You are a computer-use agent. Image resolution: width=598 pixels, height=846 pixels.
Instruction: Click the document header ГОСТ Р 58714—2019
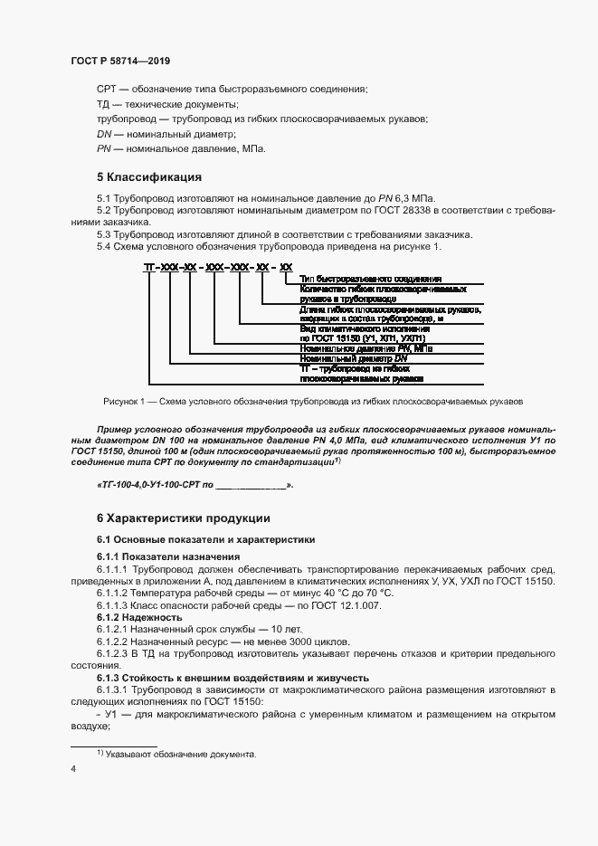coord(119,61)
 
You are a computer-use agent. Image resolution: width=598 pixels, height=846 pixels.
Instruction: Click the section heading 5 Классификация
coord(148,176)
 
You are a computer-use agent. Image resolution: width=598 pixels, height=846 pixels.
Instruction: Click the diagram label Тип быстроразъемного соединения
coord(363,279)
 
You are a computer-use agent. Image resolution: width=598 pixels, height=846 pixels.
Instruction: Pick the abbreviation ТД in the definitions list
coord(104,104)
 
